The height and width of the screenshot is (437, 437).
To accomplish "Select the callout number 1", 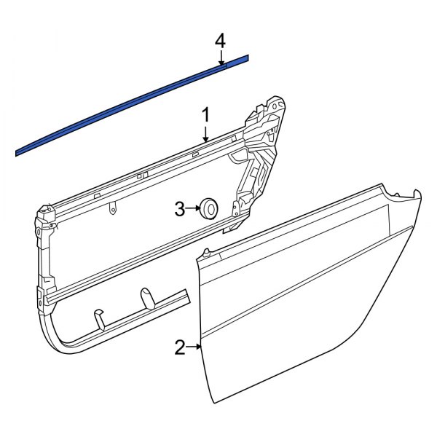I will pyautogui.click(x=205, y=114).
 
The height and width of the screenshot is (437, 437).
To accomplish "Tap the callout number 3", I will pyautogui.click(x=179, y=210).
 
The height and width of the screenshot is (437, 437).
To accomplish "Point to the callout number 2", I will pyautogui.click(x=179, y=347).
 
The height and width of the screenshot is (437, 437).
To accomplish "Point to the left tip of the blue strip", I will pyautogui.click(x=18, y=152).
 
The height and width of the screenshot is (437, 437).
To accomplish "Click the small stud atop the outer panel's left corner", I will pyautogui.click(x=207, y=252).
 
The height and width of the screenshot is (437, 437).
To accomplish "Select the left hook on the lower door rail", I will pyautogui.click(x=98, y=318).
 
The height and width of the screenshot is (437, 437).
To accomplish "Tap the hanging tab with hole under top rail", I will pyautogui.click(x=111, y=209).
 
